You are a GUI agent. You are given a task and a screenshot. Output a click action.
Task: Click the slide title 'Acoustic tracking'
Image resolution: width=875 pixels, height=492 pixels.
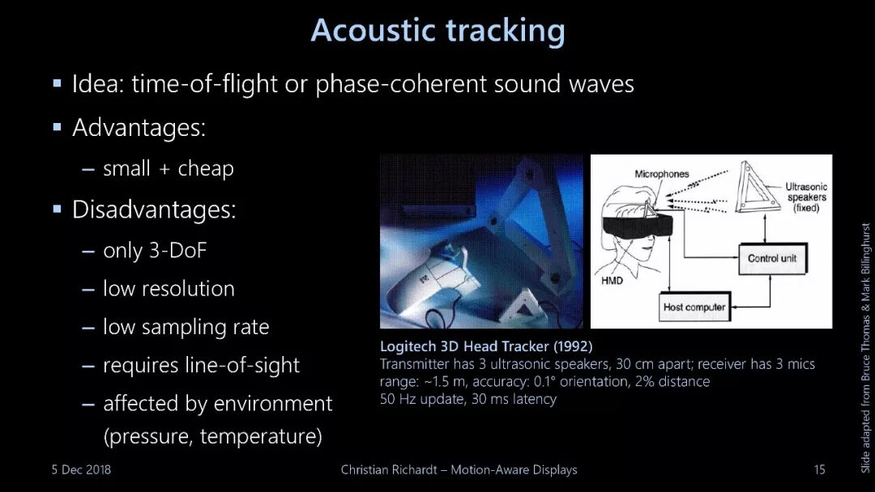pyautogui.click(x=438, y=31)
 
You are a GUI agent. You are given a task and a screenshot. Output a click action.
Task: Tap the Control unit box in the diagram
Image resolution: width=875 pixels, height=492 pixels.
pyautogui.click(x=773, y=258)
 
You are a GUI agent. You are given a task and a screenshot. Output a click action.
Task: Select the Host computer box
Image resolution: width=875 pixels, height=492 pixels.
pyautogui.click(x=695, y=307)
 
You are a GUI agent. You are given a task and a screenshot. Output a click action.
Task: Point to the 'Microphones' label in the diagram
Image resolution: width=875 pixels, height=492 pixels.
pyautogui.click(x=662, y=174)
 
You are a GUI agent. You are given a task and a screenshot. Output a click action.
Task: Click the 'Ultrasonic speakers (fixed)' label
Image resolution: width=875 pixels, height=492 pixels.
pyautogui.click(x=806, y=197)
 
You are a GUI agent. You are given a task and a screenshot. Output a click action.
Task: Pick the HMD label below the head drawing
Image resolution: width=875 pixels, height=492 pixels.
pyautogui.click(x=612, y=280)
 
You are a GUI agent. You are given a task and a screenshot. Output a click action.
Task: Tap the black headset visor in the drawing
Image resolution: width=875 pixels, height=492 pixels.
pyautogui.click(x=638, y=225)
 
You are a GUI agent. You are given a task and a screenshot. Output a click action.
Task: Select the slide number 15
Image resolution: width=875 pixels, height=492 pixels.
pyautogui.click(x=819, y=469)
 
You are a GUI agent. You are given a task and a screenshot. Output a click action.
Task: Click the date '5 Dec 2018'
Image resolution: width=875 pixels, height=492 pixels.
pyautogui.click(x=82, y=469)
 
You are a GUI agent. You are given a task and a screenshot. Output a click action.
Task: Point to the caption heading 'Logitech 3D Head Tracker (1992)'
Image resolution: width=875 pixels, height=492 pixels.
pyautogui.click(x=486, y=346)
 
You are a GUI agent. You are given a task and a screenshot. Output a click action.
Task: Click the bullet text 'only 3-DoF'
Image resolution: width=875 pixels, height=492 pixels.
pyautogui.click(x=155, y=250)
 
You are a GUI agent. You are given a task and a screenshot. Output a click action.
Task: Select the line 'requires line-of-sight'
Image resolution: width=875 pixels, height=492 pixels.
pyautogui.click(x=202, y=365)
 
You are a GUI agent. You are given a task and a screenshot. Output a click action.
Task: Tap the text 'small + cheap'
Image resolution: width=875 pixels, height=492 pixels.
pyautogui.click(x=169, y=168)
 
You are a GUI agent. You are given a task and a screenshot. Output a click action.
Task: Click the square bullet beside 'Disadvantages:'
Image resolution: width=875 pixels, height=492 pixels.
pyautogui.click(x=57, y=210)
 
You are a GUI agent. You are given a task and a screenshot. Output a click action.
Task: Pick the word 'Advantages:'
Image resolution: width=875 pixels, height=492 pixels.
pyautogui.click(x=139, y=128)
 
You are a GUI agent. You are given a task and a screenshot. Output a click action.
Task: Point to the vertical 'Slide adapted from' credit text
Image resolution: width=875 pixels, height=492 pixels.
pyautogui.click(x=865, y=348)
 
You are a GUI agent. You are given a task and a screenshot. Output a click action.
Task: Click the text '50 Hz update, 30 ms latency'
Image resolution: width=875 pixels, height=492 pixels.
pyautogui.click(x=468, y=399)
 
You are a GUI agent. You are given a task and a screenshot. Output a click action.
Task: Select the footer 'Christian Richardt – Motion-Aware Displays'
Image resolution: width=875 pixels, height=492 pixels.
pyautogui.click(x=459, y=469)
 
